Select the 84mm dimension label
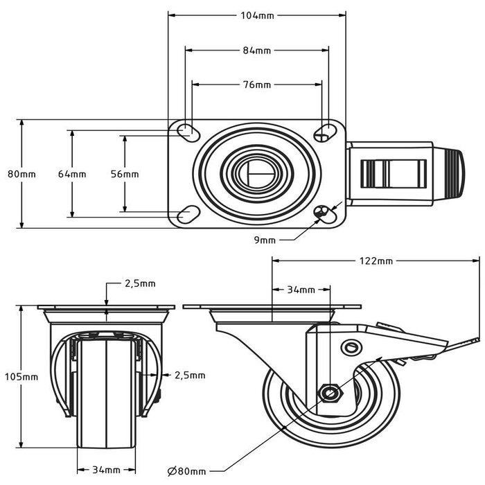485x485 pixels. tap(256, 51)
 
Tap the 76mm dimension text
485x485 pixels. tap(256, 85)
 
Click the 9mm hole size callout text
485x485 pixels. tap(265, 240)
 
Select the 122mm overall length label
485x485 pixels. tap(376, 261)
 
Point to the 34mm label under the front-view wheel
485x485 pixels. tap(106, 469)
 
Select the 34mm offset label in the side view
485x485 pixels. tap(301, 290)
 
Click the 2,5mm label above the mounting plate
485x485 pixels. tap(140, 283)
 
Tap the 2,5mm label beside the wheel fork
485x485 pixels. tap(189, 375)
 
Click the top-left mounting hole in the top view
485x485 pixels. tap(185, 131)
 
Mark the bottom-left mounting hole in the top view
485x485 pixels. tap(185, 215)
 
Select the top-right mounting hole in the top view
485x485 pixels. tap(324, 131)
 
